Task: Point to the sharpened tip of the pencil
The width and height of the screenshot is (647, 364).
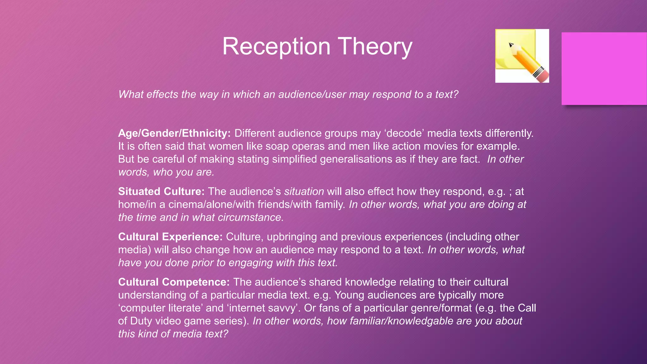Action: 511,45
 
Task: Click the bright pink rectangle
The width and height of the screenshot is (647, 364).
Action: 604,68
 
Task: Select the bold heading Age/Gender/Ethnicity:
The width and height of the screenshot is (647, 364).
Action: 174,133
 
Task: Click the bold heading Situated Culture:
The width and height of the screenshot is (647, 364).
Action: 161,191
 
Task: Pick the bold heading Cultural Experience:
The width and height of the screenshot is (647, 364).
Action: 170,237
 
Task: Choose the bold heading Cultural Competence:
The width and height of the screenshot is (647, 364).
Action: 174,282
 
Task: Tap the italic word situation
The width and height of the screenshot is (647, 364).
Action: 304,191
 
